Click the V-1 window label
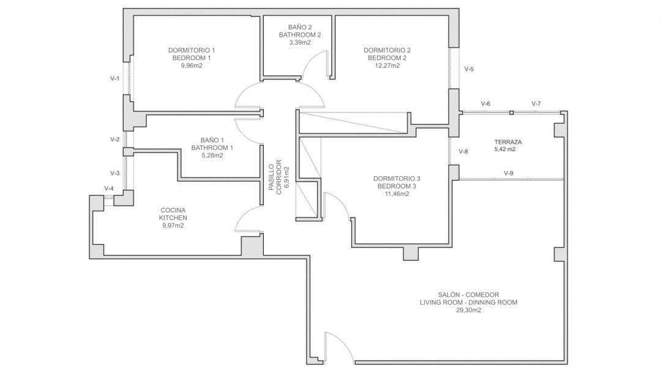[114, 78]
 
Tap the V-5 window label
[469, 69]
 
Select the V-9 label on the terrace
[509, 173]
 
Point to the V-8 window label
[463, 152]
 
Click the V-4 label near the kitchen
[109, 188]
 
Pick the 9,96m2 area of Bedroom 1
[192, 65]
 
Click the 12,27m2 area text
[387, 65]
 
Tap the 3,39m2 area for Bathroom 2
[300, 42]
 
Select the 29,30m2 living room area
[468, 310]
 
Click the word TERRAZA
[508, 142]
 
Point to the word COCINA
[173, 210]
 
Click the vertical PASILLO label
[272, 177]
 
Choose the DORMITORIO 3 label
[397, 179]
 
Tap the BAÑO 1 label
[212, 140]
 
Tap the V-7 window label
[536, 103]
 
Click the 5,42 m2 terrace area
[504, 149]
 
